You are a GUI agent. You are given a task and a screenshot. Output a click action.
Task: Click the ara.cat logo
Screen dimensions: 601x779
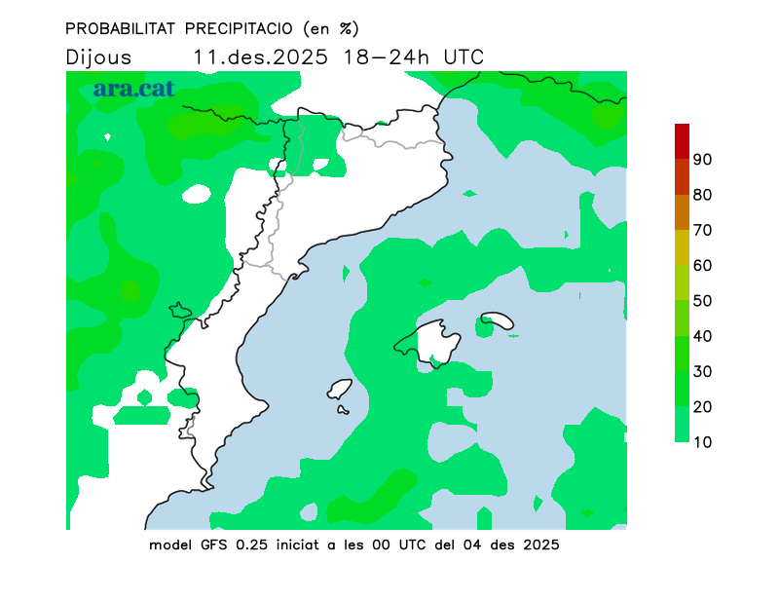(133, 89)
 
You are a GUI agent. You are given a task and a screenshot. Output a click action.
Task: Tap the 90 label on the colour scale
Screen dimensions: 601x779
(703, 159)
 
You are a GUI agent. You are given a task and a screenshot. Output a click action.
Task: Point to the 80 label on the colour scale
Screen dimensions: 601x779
(703, 195)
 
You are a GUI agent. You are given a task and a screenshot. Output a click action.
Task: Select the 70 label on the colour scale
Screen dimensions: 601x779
(703, 230)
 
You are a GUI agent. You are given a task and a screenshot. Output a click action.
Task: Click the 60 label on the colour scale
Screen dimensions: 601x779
(703, 265)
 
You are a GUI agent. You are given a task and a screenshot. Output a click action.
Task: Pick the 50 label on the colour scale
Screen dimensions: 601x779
(703, 300)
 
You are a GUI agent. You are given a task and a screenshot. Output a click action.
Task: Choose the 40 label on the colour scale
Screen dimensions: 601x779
(703, 336)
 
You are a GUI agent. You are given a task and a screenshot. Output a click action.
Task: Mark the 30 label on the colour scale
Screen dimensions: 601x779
(703, 371)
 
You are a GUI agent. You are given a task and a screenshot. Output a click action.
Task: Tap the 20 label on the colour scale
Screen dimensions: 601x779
(703, 406)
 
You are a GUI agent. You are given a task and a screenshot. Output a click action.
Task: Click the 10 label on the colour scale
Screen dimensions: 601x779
(703, 442)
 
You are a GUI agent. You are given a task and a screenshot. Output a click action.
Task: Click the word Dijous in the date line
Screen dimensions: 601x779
(98, 56)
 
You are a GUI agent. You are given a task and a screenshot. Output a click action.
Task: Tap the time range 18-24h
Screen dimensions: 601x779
(386, 56)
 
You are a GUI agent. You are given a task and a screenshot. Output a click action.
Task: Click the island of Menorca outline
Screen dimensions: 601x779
(497, 319)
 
